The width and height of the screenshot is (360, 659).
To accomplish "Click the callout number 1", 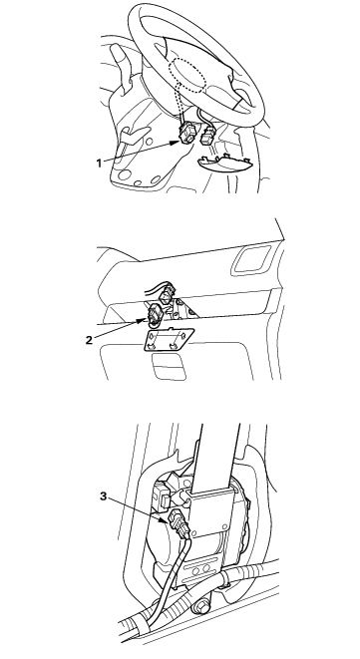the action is pos(99,164).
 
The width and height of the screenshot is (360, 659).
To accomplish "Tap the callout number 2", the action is pos(89,340).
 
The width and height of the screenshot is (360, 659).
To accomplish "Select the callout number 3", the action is pos(104,496).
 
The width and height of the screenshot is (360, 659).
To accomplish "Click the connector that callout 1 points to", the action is pos(186,133).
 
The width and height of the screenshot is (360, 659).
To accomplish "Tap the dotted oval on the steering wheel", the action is pos(187,76).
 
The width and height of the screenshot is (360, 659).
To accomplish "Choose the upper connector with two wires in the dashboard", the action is pos(169,292).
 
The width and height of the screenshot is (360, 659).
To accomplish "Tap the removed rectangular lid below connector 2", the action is pos(169,339).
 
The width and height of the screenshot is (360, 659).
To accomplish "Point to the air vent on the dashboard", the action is pos(252,259).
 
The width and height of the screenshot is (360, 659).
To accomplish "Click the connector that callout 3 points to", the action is pos(180,522).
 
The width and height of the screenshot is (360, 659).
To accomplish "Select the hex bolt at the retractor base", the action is pos(200,607).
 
